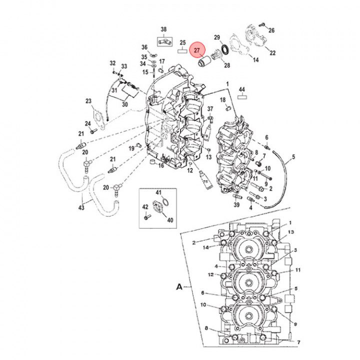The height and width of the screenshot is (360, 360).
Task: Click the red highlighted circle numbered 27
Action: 197,50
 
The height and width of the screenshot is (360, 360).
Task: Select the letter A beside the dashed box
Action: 178,287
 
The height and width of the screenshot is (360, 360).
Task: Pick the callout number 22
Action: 272,52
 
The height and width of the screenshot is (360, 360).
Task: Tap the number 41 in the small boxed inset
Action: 158,192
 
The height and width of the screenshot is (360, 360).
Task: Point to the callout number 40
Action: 170,219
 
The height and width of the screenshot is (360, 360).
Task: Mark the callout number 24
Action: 87,123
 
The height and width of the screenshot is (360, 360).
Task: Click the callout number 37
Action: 210,109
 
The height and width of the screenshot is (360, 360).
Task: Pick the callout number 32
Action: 113,63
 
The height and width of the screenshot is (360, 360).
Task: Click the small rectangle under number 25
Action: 183,51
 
